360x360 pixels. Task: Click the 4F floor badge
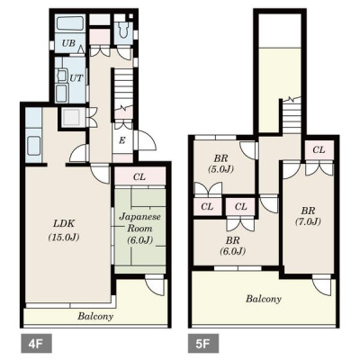(36, 344)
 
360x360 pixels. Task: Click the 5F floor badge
(203, 344)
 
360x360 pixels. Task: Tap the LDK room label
(64, 223)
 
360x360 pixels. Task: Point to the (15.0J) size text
(64, 238)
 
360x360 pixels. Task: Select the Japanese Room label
(140, 222)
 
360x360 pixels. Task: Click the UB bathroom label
(68, 43)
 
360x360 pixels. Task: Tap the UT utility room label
(76, 78)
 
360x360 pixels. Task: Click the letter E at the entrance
(121, 140)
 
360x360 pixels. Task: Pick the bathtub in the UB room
(70, 23)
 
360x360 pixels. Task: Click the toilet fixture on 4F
(122, 30)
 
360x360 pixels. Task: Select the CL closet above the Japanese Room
(139, 177)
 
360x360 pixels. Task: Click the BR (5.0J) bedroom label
(220, 163)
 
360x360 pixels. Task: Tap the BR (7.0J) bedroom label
(308, 216)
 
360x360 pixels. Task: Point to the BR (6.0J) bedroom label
(232, 246)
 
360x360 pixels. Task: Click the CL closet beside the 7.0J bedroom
(319, 149)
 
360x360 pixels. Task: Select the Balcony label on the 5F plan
(264, 299)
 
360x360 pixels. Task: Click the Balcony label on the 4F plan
(95, 316)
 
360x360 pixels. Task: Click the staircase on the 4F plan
(123, 90)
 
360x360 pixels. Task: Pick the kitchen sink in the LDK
(33, 145)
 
